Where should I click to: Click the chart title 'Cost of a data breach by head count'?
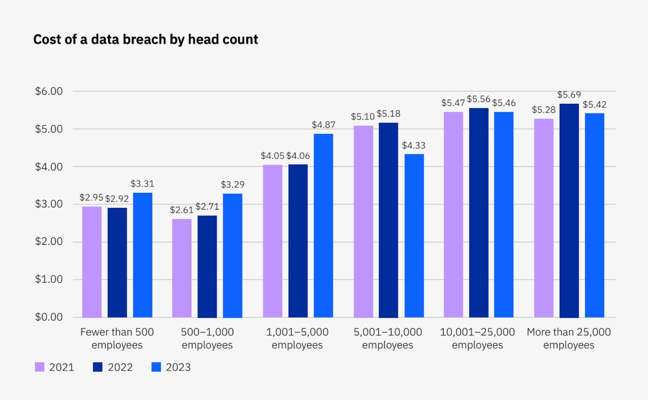coord(145,39)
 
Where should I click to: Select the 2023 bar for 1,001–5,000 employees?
coord(323,225)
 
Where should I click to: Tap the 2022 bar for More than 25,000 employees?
coord(569,210)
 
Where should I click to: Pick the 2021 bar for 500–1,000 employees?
coord(182,268)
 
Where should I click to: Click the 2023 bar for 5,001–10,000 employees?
coord(414,236)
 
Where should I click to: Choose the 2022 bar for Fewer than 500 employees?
coord(117,262)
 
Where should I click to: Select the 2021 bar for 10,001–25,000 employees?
coord(453,214)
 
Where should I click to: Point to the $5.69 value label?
coord(569,94)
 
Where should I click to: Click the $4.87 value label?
coord(323,125)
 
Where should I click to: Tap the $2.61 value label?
coord(181,210)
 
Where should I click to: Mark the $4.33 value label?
coord(414,145)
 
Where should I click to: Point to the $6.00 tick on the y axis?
coord(48,91)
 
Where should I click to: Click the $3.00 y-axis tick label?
coord(48,204)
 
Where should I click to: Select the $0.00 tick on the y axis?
coord(48,317)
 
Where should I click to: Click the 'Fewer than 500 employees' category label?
coord(117,339)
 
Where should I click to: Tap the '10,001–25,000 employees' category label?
coord(477,339)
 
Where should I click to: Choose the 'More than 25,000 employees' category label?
coord(569,339)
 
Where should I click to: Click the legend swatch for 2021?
coord(40,368)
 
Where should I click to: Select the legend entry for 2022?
coord(113,368)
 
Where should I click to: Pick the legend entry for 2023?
coord(171,368)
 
